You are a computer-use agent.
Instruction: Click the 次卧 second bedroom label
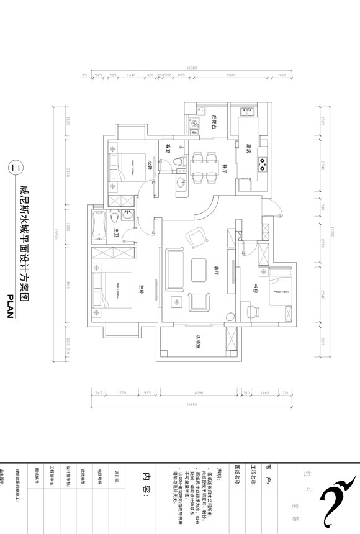[149, 165]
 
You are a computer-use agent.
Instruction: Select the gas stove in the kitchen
[263, 165]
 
